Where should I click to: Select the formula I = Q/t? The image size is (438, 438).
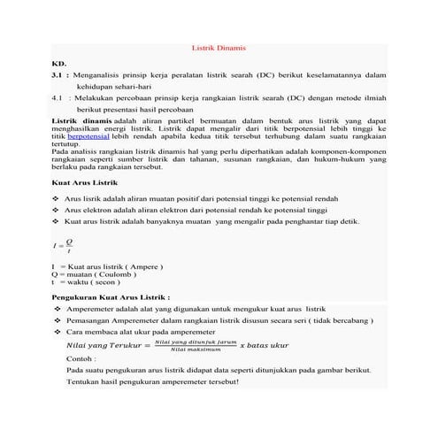coord(63,245)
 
